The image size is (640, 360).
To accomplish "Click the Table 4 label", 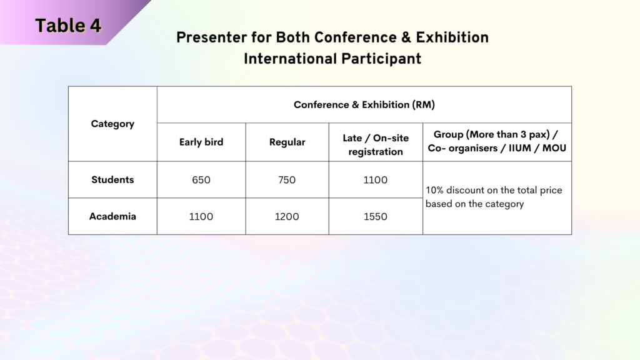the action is (68, 26).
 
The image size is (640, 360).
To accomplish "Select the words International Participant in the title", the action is (332, 59).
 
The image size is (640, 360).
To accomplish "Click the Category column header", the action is (112, 124).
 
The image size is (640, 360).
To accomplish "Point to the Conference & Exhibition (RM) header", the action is (364, 105).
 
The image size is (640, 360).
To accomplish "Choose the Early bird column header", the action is (201, 142).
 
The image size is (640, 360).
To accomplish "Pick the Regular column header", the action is (287, 142).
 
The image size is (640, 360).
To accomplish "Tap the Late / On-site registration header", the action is (376, 144).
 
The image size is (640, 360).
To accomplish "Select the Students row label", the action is (112, 179).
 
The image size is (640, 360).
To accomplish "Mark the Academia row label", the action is (112, 216).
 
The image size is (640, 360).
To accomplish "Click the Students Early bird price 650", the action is (201, 180).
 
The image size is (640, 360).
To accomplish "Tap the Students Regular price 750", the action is (287, 180).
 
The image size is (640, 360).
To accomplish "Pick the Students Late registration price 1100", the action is (376, 180).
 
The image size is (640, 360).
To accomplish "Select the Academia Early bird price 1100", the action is (201, 217).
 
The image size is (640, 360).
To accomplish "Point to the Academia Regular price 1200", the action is (286, 217).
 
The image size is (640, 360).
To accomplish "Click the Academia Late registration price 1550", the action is (376, 217).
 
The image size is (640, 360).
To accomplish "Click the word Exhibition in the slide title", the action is (452, 37).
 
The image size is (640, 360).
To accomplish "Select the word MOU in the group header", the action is (554, 148).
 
